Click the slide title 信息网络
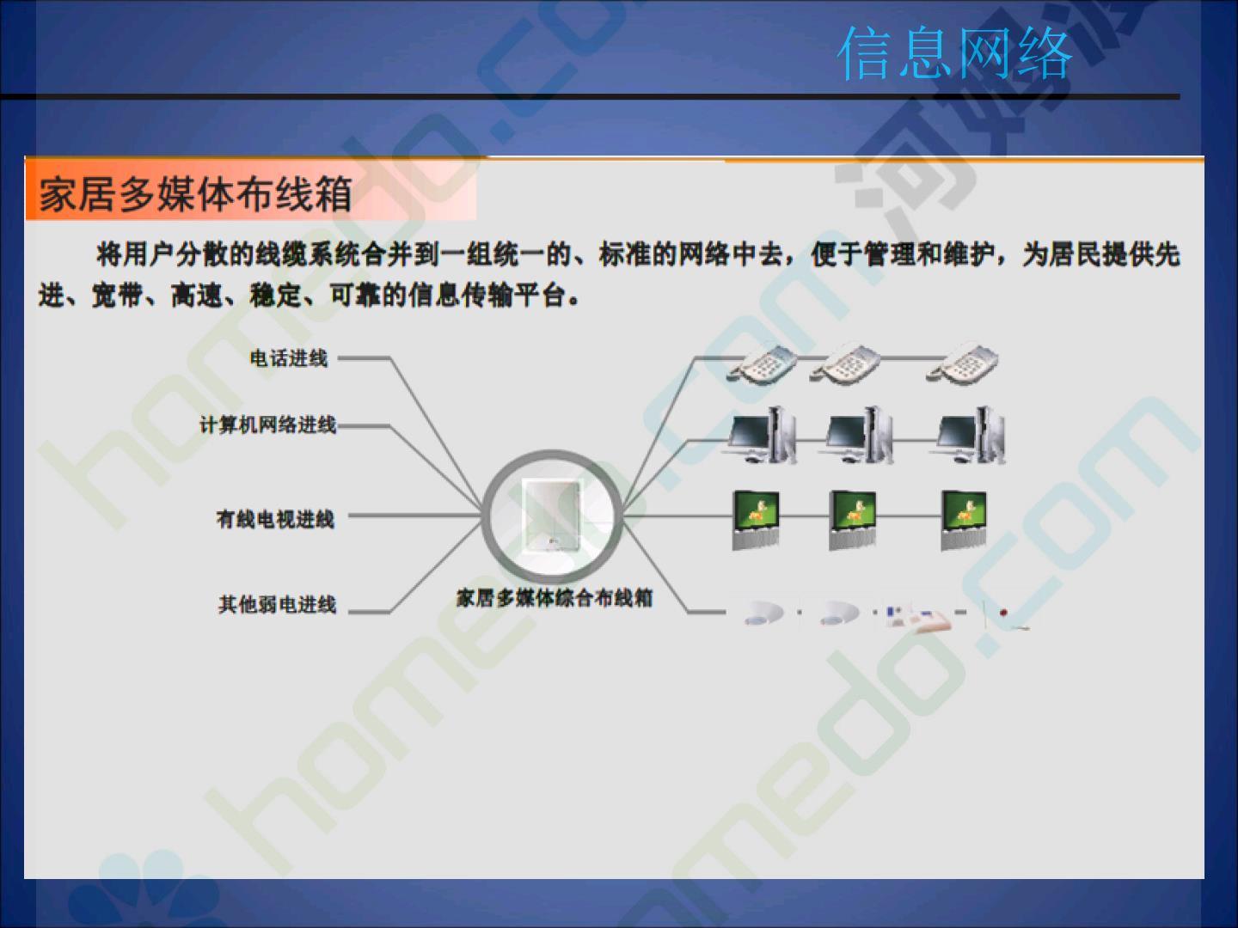(954, 53)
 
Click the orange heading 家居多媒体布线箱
(196, 193)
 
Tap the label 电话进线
(288, 358)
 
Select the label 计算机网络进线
(268, 424)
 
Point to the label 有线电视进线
(275, 519)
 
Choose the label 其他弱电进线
(277, 605)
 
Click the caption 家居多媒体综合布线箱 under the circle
(554, 598)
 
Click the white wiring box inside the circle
(552, 516)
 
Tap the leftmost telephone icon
(762, 364)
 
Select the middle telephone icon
(845, 363)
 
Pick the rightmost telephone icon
(962, 363)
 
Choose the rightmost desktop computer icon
(969, 435)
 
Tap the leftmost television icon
(756, 520)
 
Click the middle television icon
(852, 520)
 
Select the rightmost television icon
(964, 520)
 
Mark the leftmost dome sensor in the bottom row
(763, 613)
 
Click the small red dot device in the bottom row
(1003, 612)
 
